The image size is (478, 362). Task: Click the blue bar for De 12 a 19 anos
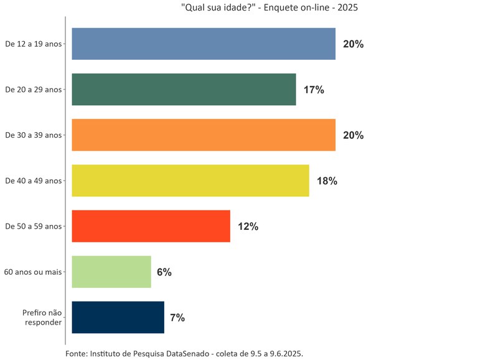point(204,44)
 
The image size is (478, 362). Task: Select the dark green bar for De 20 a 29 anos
point(184,89)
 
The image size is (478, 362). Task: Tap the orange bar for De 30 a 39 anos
point(204,135)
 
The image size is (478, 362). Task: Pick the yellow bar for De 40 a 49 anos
point(190,181)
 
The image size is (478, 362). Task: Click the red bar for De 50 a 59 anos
point(151,226)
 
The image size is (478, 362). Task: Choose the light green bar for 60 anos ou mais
point(111,272)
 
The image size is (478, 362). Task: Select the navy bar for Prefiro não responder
point(118,317)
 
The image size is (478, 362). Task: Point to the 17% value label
point(314,90)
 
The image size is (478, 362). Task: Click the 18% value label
point(327,181)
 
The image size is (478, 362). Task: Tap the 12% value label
point(248,227)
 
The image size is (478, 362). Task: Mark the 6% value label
point(164,272)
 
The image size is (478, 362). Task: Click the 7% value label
point(177,318)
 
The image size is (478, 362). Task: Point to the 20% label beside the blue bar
point(353,44)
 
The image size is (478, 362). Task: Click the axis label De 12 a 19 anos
point(33,44)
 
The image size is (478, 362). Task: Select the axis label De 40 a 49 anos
point(33,181)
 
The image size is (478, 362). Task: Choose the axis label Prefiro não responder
point(42,317)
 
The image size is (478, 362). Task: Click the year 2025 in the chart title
point(347,8)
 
